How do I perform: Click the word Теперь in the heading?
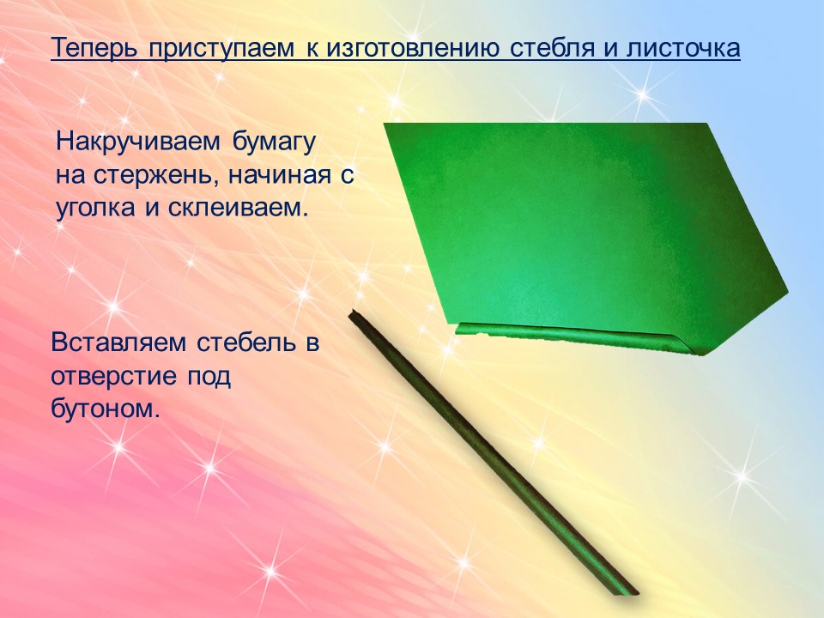coord(95,49)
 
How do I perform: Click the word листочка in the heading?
coord(683,49)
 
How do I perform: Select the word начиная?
coord(280,175)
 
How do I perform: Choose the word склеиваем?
coord(238,208)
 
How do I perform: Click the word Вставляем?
coord(118,342)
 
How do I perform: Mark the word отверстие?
coord(112,376)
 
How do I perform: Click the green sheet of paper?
coord(584,226)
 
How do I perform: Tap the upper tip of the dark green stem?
coord(352,314)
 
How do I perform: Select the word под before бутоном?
coord(209,376)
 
